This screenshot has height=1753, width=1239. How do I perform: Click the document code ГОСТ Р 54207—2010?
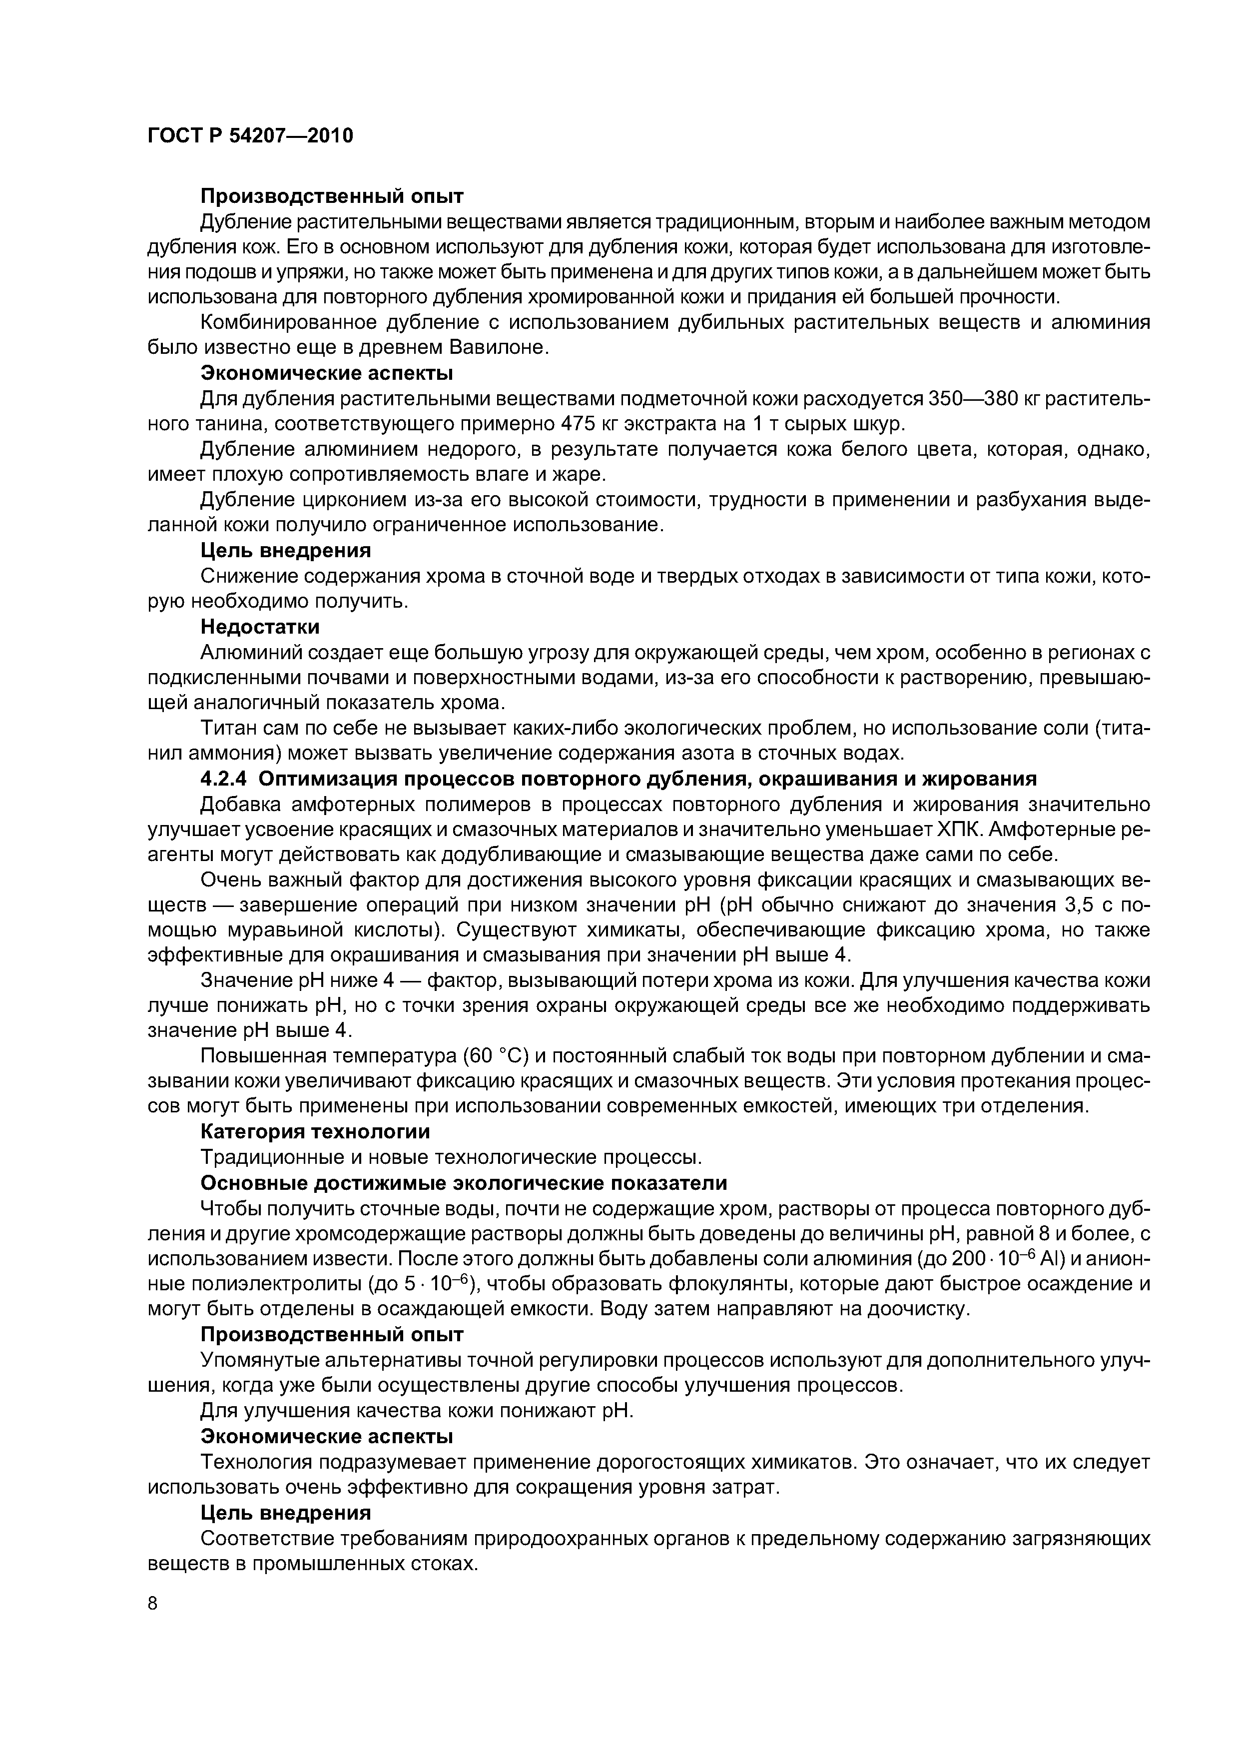tap(250, 136)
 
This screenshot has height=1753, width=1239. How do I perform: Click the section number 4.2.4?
tap(224, 779)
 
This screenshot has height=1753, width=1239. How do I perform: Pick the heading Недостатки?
tap(260, 627)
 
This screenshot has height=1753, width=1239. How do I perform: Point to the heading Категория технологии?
tap(315, 1131)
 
